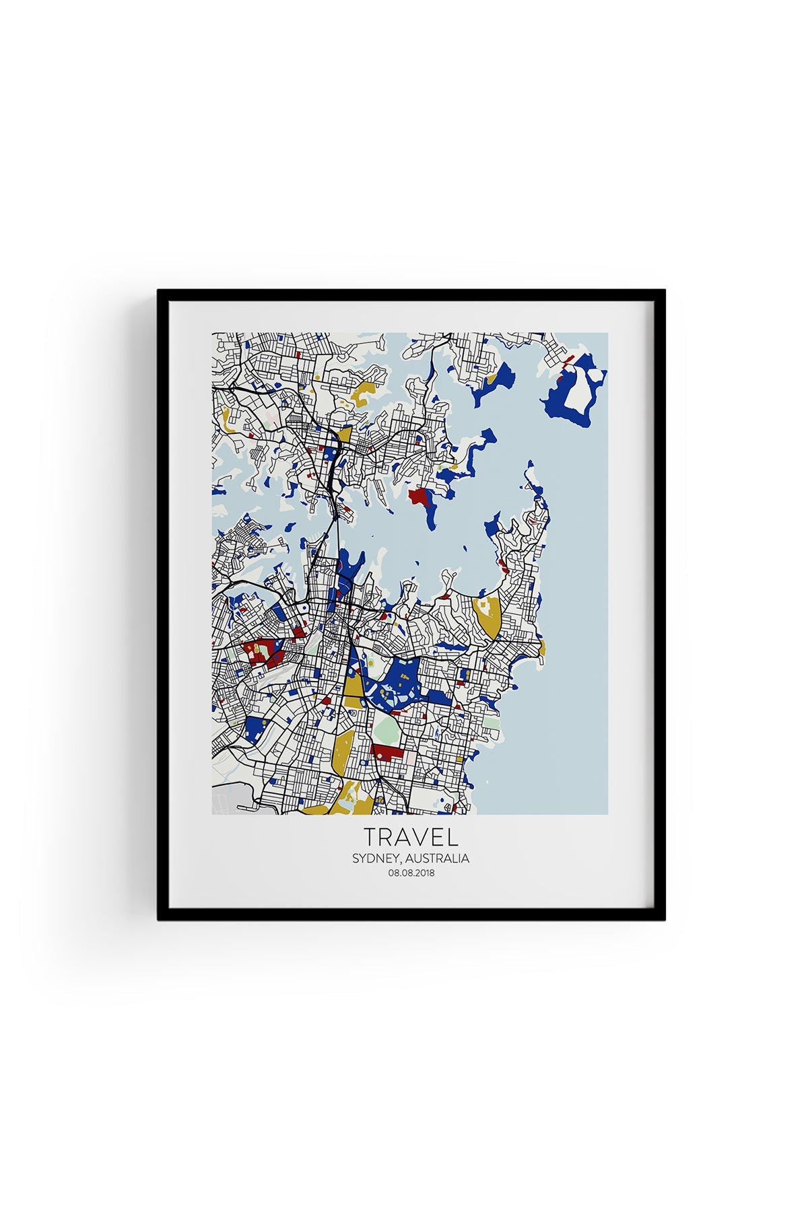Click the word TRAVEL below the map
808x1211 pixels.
(411, 837)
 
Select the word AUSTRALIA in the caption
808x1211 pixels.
(438, 859)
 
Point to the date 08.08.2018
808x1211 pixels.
(411, 873)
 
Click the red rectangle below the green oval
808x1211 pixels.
(386, 751)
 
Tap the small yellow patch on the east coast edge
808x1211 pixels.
(543, 647)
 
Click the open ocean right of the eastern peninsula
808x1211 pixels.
(579, 605)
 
